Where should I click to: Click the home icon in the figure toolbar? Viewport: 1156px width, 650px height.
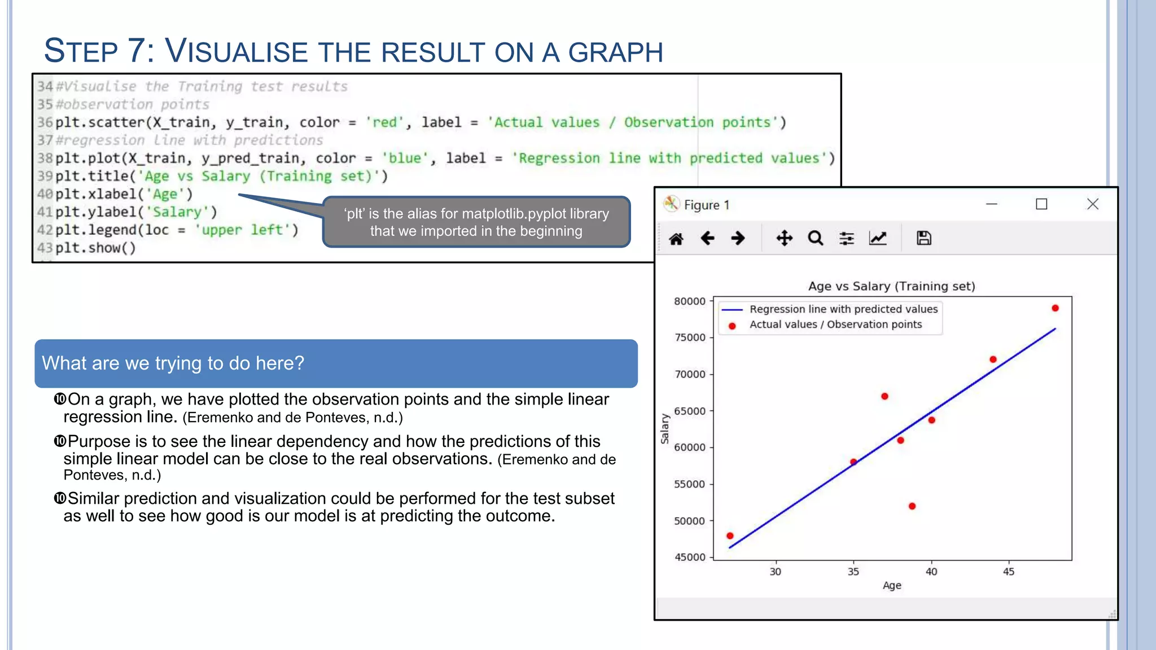pos(676,239)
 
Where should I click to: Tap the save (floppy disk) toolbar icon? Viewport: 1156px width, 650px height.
pos(923,238)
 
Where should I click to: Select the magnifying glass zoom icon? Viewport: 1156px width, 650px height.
pos(815,238)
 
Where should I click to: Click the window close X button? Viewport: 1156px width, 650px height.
pos(1092,204)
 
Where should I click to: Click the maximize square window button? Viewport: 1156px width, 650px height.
pos(1041,204)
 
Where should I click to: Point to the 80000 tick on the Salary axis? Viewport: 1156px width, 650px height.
pos(690,301)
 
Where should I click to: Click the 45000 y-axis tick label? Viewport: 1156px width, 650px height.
pos(690,557)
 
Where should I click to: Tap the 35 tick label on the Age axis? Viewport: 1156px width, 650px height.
pos(853,572)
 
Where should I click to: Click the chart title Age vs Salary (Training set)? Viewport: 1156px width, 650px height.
pos(891,286)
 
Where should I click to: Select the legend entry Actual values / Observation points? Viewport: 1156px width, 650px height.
pos(835,324)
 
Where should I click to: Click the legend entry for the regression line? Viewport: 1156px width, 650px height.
pos(843,309)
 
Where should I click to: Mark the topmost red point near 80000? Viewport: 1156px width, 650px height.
pos(1055,308)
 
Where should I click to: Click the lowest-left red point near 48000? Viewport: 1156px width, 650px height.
pos(730,535)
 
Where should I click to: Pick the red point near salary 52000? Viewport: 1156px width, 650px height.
pos(912,506)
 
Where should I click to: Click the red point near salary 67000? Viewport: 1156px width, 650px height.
pos(884,396)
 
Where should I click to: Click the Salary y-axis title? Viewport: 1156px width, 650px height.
pos(665,429)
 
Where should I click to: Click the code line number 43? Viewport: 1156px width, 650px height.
pos(45,248)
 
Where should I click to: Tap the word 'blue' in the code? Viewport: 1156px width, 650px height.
pos(404,159)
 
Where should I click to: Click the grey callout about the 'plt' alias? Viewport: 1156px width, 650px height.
pos(476,222)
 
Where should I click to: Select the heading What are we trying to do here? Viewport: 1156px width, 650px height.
pos(173,363)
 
